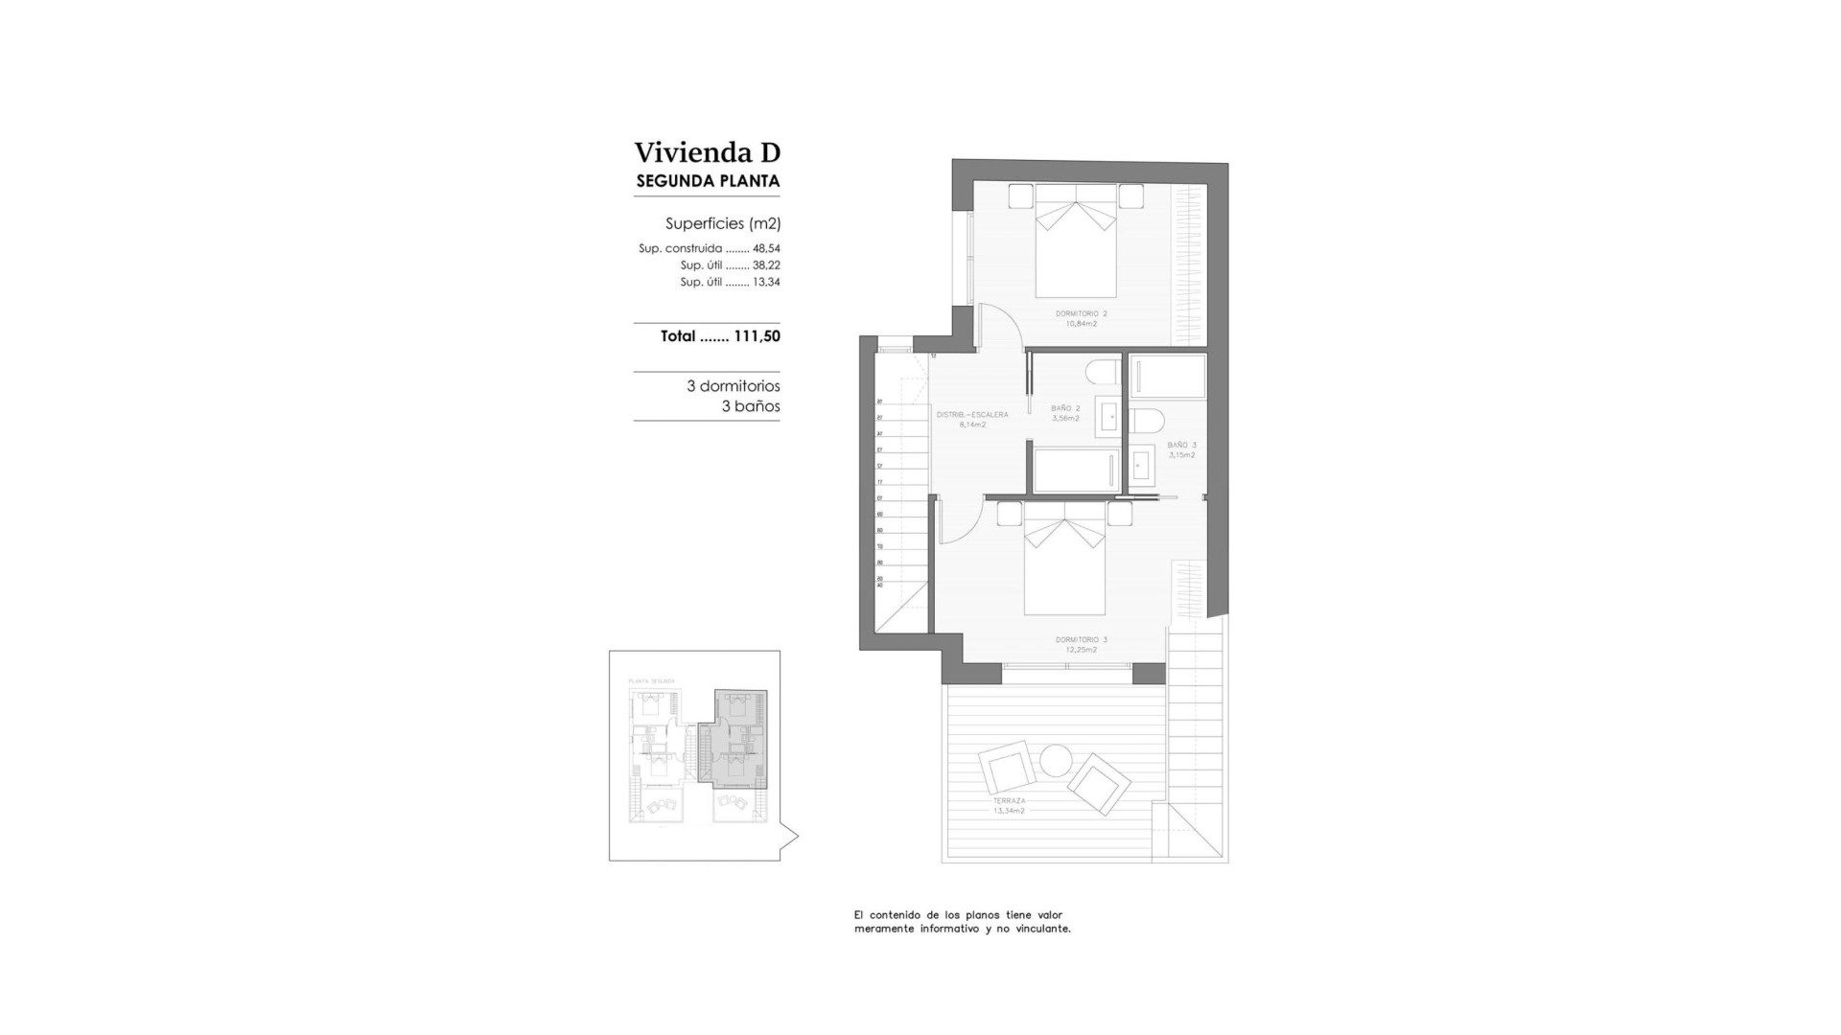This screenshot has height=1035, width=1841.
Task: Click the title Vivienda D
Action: click(x=707, y=152)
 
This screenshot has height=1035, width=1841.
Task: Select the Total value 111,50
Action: click(x=757, y=336)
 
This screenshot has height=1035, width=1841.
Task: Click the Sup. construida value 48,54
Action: click(x=766, y=248)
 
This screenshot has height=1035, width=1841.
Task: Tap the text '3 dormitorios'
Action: click(x=733, y=386)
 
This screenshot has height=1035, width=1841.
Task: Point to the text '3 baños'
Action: click(x=751, y=406)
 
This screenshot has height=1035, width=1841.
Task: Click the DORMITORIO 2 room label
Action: click(x=1081, y=313)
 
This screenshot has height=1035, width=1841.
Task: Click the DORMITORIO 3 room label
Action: click(x=1081, y=639)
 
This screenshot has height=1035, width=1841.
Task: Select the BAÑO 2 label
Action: click(x=1064, y=408)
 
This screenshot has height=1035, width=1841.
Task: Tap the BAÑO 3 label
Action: click(x=1181, y=445)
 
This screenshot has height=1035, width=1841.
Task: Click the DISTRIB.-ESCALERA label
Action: click(x=972, y=415)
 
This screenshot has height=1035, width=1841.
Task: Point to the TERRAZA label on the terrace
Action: click(x=1009, y=800)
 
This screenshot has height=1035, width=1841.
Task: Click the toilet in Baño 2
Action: click(x=1103, y=371)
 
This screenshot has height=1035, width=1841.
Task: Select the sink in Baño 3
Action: click(x=1142, y=466)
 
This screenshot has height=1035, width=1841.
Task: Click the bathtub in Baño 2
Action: click(x=1075, y=471)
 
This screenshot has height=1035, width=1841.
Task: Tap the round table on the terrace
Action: click(x=1057, y=761)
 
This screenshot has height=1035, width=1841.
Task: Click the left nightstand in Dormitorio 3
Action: click(x=1009, y=514)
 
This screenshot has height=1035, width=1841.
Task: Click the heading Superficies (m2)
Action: click(x=723, y=223)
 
